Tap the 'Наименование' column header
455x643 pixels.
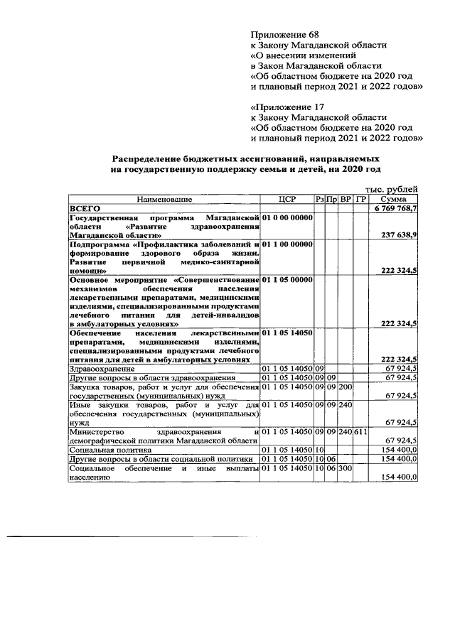coord(164,200)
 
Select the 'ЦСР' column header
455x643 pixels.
coord(287,200)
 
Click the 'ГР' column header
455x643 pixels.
coord(360,200)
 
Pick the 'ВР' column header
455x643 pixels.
coord(346,200)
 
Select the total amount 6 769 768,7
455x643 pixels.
coord(395,209)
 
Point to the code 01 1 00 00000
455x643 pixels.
coord(287,244)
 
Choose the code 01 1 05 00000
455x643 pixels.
coord(287,280)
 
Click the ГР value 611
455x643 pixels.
coord(360,431)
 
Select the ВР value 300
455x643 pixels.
coord(346,469)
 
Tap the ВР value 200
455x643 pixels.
coord(346,387)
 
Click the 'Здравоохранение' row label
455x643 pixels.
coord(101,369)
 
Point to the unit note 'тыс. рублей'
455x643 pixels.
coord(392,189)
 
